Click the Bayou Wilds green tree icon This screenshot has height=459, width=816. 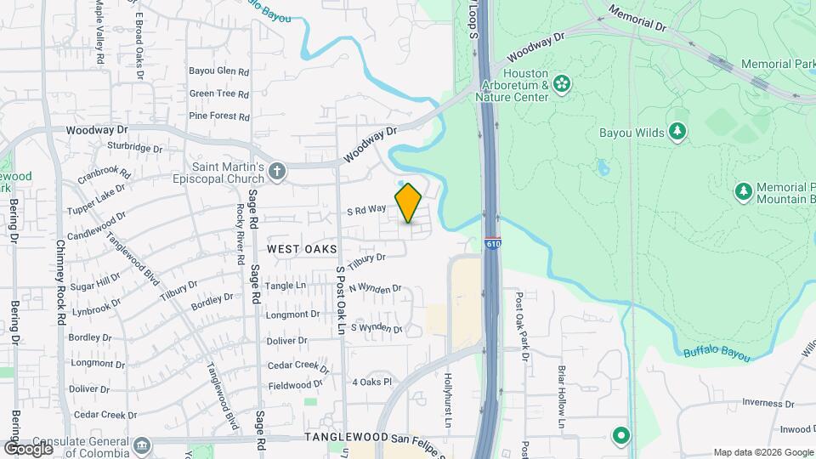coord(677,131)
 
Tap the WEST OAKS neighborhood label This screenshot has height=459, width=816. coord(302,249)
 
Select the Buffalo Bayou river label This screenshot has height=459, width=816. coord(716,353)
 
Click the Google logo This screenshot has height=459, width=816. coord(27,447)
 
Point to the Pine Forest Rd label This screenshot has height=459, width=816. coord(218,116)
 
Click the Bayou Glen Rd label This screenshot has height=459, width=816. coord(218,71)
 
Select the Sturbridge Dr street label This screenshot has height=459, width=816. coord(134,148)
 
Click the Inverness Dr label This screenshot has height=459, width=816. coord(767,404)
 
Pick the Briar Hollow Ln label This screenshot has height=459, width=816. coord(562,396)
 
